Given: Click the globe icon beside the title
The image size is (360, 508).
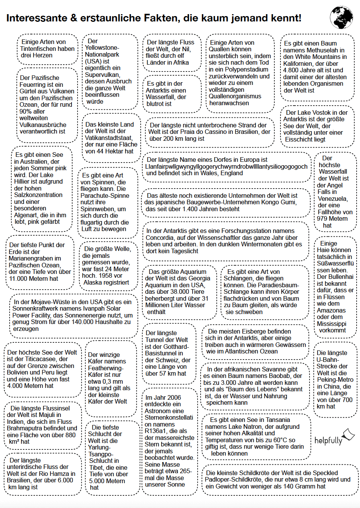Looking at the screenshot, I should point(342,18).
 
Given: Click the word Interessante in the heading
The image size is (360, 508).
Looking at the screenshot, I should point(33,18).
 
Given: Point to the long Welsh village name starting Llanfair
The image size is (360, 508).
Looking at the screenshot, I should point(226,166).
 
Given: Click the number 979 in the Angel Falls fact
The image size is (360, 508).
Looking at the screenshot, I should point(322,219).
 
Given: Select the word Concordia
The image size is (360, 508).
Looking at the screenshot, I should point(161,238).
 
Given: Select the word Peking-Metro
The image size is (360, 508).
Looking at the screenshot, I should point(335,380).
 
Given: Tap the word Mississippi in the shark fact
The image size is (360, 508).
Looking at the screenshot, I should point(331,324).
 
